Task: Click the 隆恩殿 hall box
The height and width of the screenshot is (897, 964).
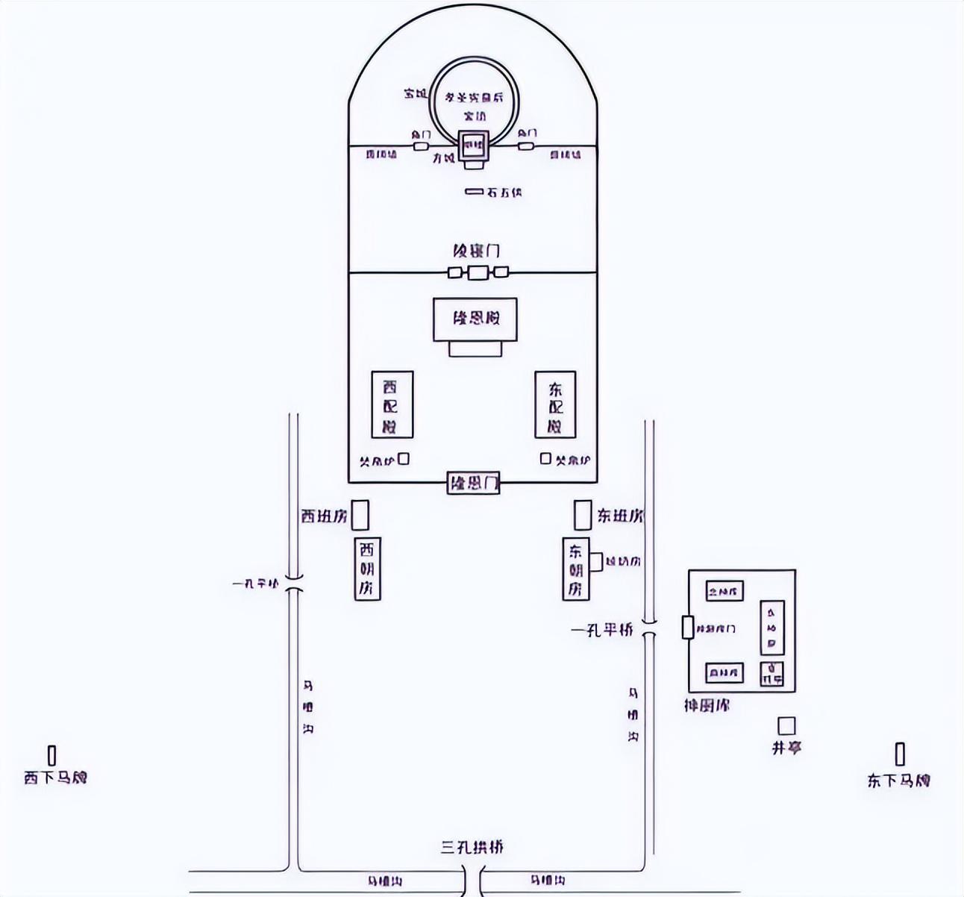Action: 475,319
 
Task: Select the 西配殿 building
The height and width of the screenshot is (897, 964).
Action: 392,405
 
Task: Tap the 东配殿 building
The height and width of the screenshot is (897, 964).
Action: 555,405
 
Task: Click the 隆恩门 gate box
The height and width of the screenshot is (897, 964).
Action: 473,484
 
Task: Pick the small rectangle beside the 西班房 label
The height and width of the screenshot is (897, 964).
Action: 360,516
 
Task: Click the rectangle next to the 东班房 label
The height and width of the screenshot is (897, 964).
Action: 583,516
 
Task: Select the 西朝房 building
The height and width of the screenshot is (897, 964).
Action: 366,569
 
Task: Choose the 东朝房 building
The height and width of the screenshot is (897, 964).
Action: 575,569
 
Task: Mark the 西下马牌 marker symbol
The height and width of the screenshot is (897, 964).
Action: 52,755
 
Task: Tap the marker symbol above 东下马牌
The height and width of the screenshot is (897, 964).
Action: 900,754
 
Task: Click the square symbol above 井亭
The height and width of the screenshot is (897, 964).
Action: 786,725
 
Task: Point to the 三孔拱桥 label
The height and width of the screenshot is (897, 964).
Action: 472,847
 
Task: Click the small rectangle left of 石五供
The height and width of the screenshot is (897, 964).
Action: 475,192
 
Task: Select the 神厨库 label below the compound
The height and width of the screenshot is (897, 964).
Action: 707,705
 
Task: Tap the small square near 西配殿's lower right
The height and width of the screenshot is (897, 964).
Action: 404,459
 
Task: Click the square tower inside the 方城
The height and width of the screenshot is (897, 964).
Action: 473,146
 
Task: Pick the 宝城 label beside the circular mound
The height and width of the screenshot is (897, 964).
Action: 415,94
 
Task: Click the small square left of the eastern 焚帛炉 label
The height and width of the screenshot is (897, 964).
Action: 545,458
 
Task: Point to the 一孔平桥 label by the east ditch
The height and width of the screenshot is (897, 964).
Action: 602,631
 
